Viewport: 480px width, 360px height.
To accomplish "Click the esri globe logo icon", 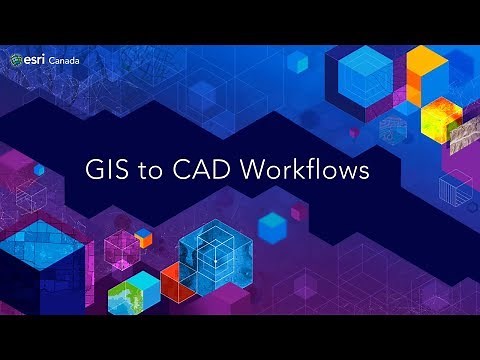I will pyautogui.click(x=17, y=61).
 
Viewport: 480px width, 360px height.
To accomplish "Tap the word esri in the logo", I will pyautogui.click(x=35, y=61).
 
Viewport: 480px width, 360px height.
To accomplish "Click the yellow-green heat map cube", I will pyautogui.click(x=440, y=118).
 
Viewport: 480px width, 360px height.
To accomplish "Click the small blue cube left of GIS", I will pyautogui.click(x=39, y=171).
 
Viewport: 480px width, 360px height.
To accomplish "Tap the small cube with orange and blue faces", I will pyautogui.click(x=144, y=237).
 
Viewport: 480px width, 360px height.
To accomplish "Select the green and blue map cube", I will pyautogui.click(x=132, y=292).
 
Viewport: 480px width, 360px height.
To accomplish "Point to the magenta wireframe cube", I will pyautogui.click(x=121, y=245).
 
